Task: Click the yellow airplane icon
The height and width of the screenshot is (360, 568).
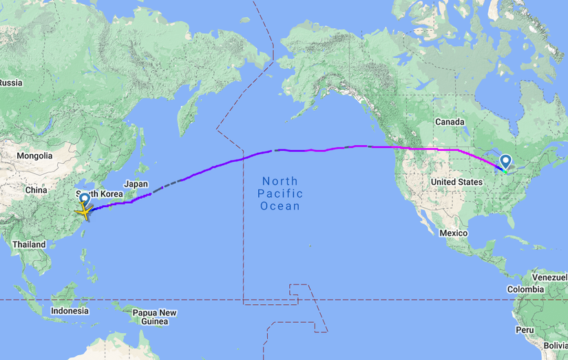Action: [x=83, y=212]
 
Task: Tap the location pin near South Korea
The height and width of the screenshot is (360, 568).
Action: [x=84, y=199]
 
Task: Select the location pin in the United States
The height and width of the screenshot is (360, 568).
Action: [x=506, y=162]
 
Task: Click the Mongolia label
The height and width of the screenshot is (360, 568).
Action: [x=34, y=156]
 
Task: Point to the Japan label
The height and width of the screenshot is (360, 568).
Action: [x=136, y=184]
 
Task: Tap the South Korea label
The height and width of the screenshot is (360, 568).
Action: [x=99, y=194]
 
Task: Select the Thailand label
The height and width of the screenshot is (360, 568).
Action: [x=28, y=244]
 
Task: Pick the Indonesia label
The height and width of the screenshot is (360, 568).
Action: [x=70, y=310]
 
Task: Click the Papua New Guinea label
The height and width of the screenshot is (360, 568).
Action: [x=155, y=317]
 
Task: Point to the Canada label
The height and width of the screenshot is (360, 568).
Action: [x=450, y=122]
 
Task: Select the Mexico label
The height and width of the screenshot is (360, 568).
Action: [x=454, y=233]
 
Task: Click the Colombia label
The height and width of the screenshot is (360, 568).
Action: [x=526, y=289]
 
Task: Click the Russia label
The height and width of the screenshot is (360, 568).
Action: [x=10, y=83]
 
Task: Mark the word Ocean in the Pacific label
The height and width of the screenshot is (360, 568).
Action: [x=280, y=206]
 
